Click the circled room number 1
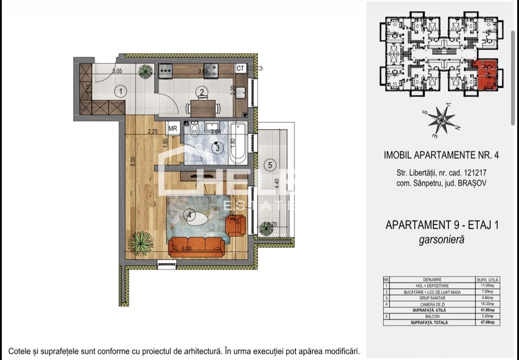120,91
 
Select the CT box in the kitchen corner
240,68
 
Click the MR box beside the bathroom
173,129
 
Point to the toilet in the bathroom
194,130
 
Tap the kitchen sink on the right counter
241,93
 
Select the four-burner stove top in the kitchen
211,70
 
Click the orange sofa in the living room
196,247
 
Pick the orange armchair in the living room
236,225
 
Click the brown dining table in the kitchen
203,107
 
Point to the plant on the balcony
266,229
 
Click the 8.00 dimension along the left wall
132,160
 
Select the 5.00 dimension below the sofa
186,249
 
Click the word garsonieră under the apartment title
441,240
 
